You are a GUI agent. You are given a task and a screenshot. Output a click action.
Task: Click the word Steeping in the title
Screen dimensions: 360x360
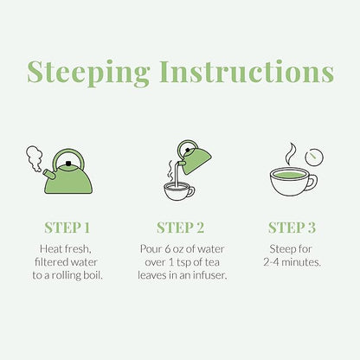[88, 74]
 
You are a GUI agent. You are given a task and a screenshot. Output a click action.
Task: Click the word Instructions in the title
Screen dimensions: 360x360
[247, 71]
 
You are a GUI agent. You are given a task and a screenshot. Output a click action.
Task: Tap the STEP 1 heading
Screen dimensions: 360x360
[67, 228]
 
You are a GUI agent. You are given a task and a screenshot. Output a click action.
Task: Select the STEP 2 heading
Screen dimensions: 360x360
[180, 228]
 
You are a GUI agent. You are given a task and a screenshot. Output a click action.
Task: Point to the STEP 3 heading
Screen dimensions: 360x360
[292, 228]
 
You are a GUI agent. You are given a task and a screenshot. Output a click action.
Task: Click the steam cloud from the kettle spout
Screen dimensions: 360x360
[35, 158]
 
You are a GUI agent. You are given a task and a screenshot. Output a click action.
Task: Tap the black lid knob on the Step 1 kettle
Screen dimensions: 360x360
[68, 164]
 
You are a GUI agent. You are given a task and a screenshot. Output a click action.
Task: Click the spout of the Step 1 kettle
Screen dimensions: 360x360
[48, 174]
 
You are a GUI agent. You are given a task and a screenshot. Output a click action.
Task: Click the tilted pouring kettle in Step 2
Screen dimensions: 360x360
[194, 158]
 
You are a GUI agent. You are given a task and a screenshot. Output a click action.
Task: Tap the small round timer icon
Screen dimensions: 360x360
[314, 157]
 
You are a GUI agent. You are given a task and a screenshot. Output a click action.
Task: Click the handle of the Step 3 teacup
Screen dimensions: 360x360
[313, 183]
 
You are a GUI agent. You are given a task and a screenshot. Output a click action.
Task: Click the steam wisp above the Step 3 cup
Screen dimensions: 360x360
[291, 154]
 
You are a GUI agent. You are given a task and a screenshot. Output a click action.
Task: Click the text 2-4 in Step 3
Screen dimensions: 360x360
[271, 262]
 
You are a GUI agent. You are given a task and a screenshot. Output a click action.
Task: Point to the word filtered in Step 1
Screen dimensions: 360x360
[51, 262]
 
